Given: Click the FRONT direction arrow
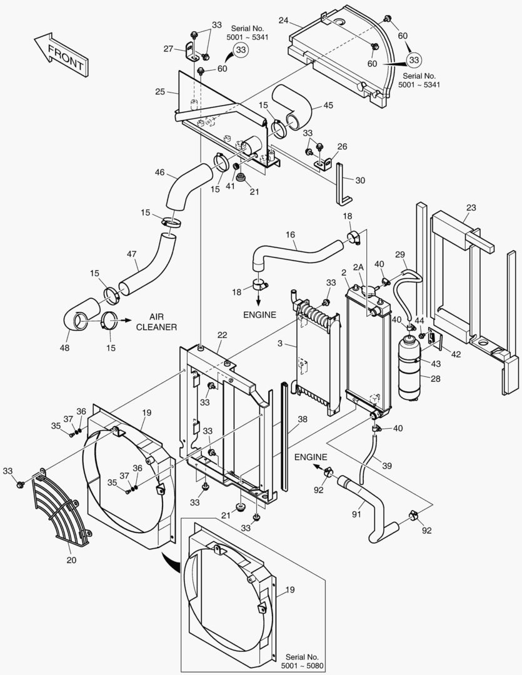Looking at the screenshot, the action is (x=62, y=54).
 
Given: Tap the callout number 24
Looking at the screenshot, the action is (x=283, y=20).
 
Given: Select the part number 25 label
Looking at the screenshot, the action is (x=160, y=92).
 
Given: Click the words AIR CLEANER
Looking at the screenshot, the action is (x=156, y=322).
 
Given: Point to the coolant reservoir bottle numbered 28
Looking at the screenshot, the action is (x=409, y=369).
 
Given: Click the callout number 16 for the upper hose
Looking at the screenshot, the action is (x=290, y=234).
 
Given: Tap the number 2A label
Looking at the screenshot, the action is (x=358, y=267).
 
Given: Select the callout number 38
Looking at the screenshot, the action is (x=303, y=419).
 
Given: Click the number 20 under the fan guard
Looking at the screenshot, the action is (x=71, y=560).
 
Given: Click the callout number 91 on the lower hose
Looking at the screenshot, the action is (x=356, y=514).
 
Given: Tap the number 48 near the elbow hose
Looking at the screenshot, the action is (x=64, y=347).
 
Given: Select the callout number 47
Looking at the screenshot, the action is (x=132, y=254).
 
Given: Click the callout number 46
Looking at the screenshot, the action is (x=160, y=172).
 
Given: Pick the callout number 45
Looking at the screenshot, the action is (x=328, y=105).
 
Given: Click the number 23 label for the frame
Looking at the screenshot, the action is (x=471, y=207).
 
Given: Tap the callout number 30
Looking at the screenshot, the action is (x=359, y=180).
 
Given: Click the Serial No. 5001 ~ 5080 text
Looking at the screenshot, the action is (x=302, y=661).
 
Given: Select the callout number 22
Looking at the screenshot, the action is (x=222, y=335).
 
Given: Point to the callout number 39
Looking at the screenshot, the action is (x=387, y=466).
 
